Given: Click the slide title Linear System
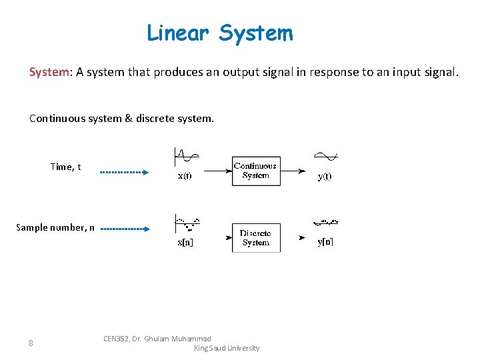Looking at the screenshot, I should [219, 33].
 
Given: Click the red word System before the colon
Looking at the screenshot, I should [49, 72].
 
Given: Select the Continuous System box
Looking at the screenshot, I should [256, 171].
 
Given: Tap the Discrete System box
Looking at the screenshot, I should [256, 238].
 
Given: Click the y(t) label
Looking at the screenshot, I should [325, 176].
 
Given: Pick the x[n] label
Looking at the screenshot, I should [185, 243].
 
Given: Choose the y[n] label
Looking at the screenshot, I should [325, 241].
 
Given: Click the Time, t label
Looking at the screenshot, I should [65, 167].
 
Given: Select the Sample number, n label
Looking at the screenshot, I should [55, 227].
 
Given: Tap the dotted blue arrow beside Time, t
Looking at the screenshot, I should [124, 172].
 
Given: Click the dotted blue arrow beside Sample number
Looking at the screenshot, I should [125, 229].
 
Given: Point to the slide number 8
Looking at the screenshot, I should [31, 343].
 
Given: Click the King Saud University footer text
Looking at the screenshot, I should [226, 348].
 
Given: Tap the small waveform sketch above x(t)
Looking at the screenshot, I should [186, 156].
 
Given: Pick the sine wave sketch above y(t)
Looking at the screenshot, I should [325, 156].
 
